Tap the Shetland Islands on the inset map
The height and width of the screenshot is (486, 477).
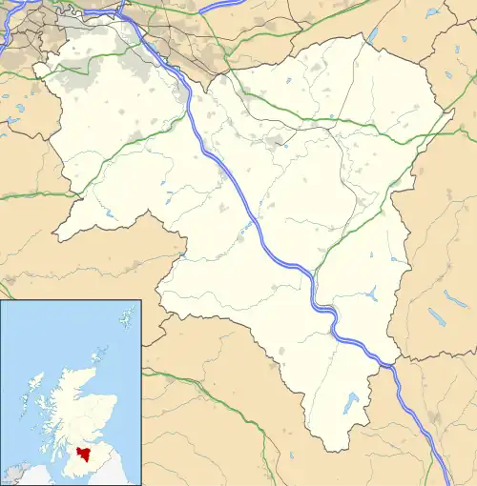[125, 314]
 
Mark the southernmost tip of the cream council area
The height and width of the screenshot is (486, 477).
[326, 451]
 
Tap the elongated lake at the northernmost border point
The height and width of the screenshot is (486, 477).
[372, 35]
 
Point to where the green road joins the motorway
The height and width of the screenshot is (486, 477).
[315, 275]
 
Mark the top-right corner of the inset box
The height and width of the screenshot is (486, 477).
[141, 301]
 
